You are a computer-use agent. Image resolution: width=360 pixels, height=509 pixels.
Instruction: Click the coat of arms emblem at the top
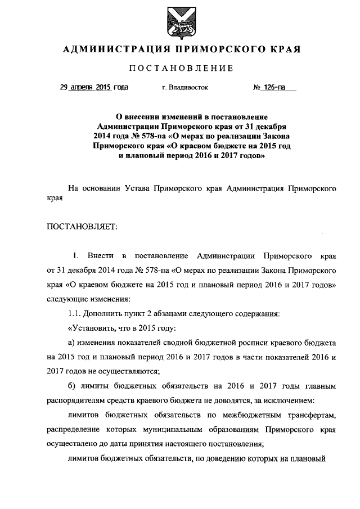tap(180, 21)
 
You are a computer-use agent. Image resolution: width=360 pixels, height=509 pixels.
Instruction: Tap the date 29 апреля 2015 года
tap(94, 88)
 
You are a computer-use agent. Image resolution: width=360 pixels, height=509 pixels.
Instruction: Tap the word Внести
tap(106, 256)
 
